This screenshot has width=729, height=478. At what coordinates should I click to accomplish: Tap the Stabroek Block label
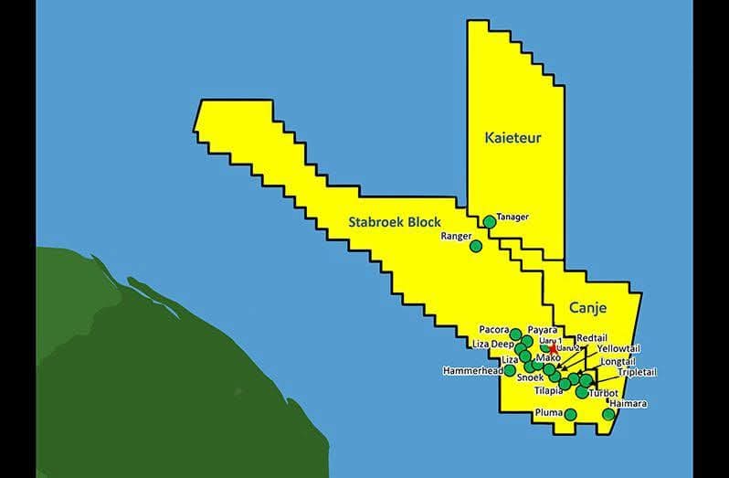click(x=395, y=221)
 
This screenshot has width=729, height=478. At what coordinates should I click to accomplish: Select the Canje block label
click(x=587, y=308)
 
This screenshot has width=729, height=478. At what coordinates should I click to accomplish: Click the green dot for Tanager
click(x=490, y=221)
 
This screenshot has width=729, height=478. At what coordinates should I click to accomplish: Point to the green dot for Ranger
click(x=475, y=246)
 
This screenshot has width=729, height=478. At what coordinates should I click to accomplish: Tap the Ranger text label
click(x=454, y=236)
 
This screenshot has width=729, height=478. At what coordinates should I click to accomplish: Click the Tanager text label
click(x=512, y=217)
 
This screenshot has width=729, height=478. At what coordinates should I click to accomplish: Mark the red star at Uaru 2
click(x=554, y=349)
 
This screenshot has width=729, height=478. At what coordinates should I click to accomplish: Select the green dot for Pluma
click(x=570, y=414)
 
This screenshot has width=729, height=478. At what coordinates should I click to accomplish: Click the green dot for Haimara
click(x=608, y=414)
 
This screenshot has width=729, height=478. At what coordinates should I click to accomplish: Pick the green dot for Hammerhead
click(x=510, y=370)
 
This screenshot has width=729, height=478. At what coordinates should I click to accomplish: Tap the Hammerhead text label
click(x=472, y=372)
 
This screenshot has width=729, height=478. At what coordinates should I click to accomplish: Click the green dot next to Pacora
click(x=515, y=334)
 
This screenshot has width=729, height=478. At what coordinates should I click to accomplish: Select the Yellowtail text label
click(x=618, y=348)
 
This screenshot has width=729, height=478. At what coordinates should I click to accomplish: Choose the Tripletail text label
click(x=637, y=372)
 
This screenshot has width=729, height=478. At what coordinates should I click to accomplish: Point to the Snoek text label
click(x=531, y=377)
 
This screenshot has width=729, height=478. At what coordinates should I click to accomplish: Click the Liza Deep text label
click(x=493, y=344)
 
